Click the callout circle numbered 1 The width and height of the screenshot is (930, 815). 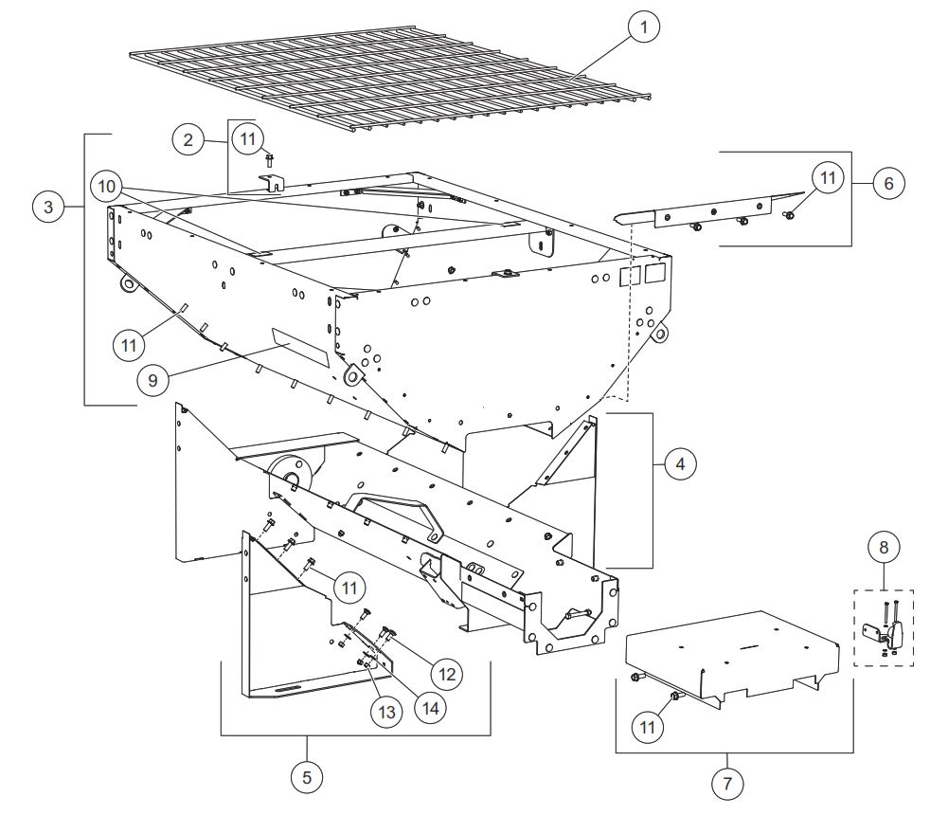[644, 27]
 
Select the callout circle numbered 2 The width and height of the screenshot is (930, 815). [188, 140]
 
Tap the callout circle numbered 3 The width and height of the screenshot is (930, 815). [48, 207]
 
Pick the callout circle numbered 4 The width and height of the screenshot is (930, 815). [680, 463]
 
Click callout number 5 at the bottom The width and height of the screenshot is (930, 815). [307, 777]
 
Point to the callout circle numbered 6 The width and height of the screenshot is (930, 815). [888, 184]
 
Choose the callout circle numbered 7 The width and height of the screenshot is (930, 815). [727, 784]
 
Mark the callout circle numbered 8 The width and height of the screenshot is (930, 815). [884, 547]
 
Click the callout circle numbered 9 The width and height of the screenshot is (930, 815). [152, 380]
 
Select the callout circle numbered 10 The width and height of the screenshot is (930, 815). [106, 187]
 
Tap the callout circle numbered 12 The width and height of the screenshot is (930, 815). [447, 674]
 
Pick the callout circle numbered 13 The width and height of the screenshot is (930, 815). [386, 712]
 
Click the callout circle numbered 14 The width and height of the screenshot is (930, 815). [430, 708]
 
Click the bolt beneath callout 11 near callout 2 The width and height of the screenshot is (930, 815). [269, 160]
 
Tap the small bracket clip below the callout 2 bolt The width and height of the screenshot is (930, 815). [271, 183]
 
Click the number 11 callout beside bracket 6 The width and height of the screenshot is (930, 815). [828, 177]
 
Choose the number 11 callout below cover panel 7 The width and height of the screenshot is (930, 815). [647, 727]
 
